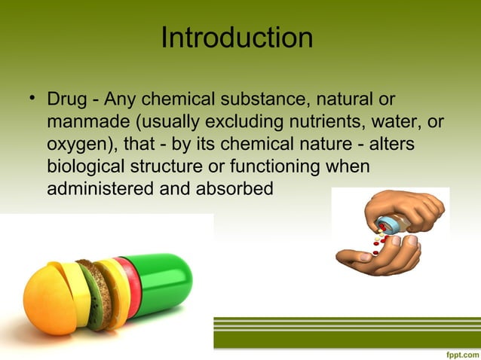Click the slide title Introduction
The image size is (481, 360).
coord(237,38)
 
